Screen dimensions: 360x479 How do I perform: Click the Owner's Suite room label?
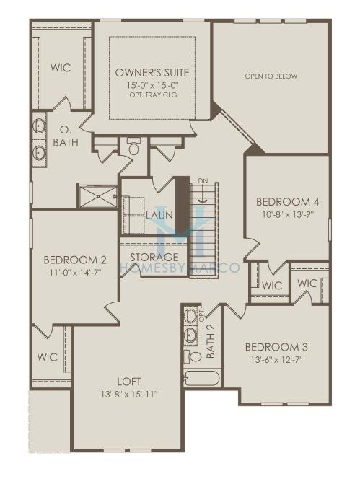point(152,73)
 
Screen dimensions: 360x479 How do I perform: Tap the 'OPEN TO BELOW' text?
point(271,76)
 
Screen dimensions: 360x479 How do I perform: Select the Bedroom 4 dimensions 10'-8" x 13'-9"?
point(288,214)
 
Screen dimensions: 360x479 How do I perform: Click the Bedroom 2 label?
point(75,260)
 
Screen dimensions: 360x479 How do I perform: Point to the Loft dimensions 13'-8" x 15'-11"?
point(129,395)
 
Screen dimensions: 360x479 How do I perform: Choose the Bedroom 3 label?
point(276,347)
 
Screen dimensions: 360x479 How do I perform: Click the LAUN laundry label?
point(159,215)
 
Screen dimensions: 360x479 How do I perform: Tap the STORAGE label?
point(154,257)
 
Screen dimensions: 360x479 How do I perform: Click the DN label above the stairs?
point(203,181)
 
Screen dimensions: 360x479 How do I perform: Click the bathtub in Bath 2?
point(202,379)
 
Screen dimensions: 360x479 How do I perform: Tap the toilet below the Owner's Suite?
point(133,146)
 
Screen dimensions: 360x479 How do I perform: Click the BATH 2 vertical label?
point(211,340)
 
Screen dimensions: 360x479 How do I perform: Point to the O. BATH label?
point(66,136)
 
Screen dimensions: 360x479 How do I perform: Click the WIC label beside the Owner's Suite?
point(61,68)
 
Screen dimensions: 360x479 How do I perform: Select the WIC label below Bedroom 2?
point(48,357)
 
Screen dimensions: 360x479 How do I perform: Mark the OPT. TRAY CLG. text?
point(154,95)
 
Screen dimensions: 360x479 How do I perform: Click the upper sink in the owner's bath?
point(39,126)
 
